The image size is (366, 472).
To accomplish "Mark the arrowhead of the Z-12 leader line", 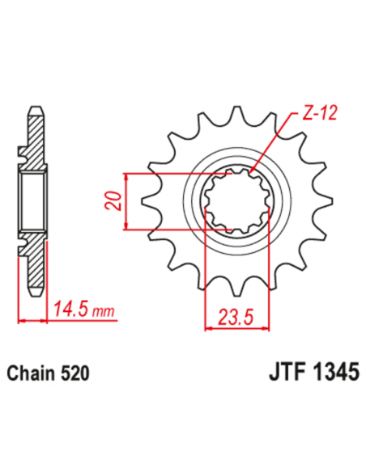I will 252,171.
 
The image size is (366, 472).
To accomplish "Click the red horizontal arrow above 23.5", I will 232,328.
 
